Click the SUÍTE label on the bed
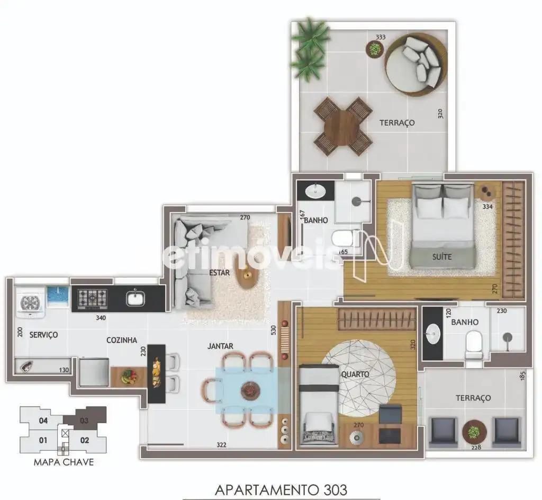pyautogui.click(x=442, y=257)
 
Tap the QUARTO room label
pyautogui.click(x=355, y=374)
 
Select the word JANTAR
pyautogui.click(x=220, y=346)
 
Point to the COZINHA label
pyautogui.click(x=122, y=340)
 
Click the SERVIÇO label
pyautogui.click(x=43, y=335)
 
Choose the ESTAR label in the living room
pyautogui.click(x=220, y=273)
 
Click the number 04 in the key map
pyautogui.click(x=43, y=420)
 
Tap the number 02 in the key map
pyautogui.click(x=85, y=440)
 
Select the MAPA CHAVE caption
pyautogui.click(x=64, y=462)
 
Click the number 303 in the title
pyautogui.click(x=335, y=489)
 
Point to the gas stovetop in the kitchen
pyautogui.click(x=92, y=298)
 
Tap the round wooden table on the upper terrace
pyautogui.click(x=343, y=126)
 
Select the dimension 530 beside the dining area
pyautogui.click(x=274, y=330)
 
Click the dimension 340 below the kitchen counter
pyautogui.click(x=101, y=318)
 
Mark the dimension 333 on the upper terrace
pyautogui.click(x=381, y=37)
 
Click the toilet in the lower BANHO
pyautogui.click(x=473, y=345)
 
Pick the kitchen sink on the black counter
pyautogui.click(x=135, y=298)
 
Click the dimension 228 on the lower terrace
pyautogui.click(x=476, y=448)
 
